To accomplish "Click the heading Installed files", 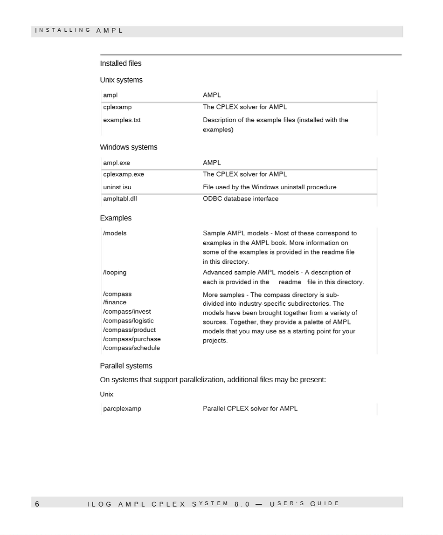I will tap(120, 63).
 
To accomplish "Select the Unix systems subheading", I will tap(121, 80).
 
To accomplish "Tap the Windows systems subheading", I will tap(128, 147).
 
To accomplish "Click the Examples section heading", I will tap(116, 218).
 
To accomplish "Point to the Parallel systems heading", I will tap(126, 366).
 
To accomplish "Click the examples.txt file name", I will tap(122, 120).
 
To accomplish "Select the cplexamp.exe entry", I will tap(124, 174).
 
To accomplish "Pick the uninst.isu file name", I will tap(117, 187).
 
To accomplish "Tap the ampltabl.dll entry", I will tap(120, 199).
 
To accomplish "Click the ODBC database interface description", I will tap(241, 199).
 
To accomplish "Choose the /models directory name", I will tap(115, 233).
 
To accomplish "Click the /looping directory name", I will tap(115, 272).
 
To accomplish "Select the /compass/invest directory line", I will tap(127, 311).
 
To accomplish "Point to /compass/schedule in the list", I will tap(132, 348).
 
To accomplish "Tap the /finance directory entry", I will tap(115, 302).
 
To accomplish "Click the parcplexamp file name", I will tap(122, 409).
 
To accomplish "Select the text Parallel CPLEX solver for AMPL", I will tap(250, 409).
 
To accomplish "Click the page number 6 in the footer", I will tap(37, 504).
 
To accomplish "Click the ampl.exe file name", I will tap(117, 163).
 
